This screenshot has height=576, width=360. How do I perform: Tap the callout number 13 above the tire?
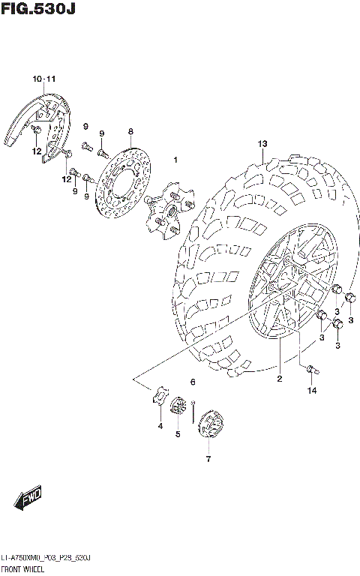coord(262,143)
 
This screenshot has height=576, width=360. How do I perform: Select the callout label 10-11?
coord(44,79)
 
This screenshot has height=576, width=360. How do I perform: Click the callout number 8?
coord(130,130)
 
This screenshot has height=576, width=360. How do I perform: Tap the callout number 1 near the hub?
coord(175,160)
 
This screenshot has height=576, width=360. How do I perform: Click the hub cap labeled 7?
coord(208,427)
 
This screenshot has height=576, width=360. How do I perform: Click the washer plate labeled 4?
coord(159,397)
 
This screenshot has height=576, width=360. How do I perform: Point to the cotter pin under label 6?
coord(193,410)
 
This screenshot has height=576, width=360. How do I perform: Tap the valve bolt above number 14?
coord(312,368)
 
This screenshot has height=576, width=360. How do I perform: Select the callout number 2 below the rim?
coord(279,379)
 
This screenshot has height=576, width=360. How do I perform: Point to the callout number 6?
coord(193,382)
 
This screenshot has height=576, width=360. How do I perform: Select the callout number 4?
coord(159,426)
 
